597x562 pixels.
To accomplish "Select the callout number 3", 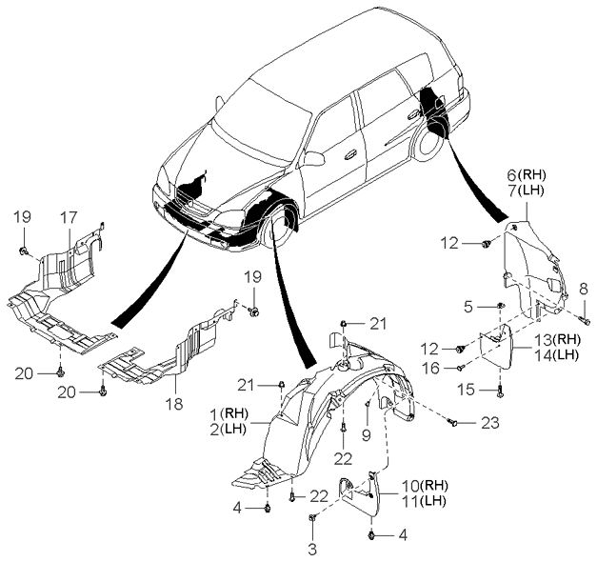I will point(311,548).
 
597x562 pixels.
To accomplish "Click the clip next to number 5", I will point(499,306).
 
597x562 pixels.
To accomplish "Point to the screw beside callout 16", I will point(460,366).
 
